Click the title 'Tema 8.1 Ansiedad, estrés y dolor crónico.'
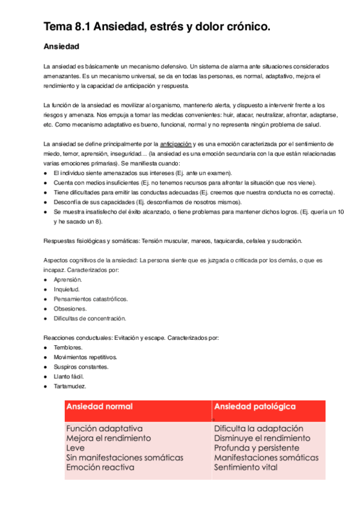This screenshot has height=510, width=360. click(x=157, y=26)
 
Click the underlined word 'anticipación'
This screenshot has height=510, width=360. click(x=176, y=144)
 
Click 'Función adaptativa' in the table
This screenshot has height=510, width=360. click(x=105, y=429)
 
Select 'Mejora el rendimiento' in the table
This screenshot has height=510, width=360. click(x=109, y=438)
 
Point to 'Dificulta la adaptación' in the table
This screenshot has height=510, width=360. click(x=258, y=429)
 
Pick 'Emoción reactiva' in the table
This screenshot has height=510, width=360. click(x=100, y=467)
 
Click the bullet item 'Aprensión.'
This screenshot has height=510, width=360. click(x=68, y=280)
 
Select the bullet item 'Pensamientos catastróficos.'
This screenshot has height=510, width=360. click(x=90, y=300)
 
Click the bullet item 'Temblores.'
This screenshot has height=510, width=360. click(x=68, y=348)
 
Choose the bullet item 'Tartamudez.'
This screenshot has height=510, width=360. click(x=70, y=386)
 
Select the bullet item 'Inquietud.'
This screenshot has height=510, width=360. click(x=66, y=290)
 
